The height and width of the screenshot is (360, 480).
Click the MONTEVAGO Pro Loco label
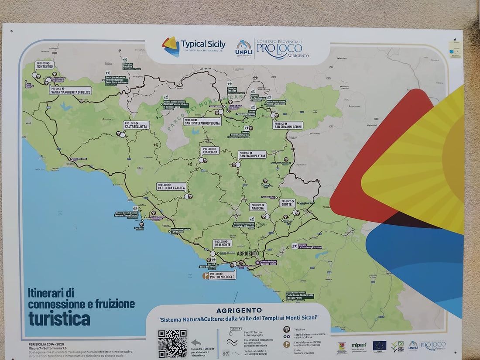[x=45, y=65]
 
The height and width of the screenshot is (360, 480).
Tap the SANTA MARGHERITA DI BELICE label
[x=70, y=91]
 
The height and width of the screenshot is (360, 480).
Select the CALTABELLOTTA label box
[x=136, y=125]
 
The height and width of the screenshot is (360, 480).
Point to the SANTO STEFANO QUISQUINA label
[x=202, y=122]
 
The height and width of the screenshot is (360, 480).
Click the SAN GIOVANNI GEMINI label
[x=288, y=125]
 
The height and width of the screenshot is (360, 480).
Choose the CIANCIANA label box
[x=210, y=151]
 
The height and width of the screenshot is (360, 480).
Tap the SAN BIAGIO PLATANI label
[x=252, y=154]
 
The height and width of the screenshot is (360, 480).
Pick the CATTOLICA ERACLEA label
[x=171, y=187]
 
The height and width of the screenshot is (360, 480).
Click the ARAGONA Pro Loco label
[x=258, y=207]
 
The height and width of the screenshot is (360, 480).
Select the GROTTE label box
[x=287, y=203]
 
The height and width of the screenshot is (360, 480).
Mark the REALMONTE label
[x=222, y=243]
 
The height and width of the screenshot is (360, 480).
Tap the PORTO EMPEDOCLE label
[x=222, y=275]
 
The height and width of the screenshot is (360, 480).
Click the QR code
[x=172, y=343]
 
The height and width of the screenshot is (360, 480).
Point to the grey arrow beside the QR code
[x=196, y=343]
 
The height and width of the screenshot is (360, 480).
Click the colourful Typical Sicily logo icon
[x=171, y=46]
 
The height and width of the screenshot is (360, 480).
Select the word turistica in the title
[x=59, y=319]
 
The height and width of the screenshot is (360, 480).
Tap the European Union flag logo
[x=379, y=346]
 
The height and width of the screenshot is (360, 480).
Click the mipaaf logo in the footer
[x=359, y=346]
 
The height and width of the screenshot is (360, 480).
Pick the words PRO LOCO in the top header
[x=279, y=48]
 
